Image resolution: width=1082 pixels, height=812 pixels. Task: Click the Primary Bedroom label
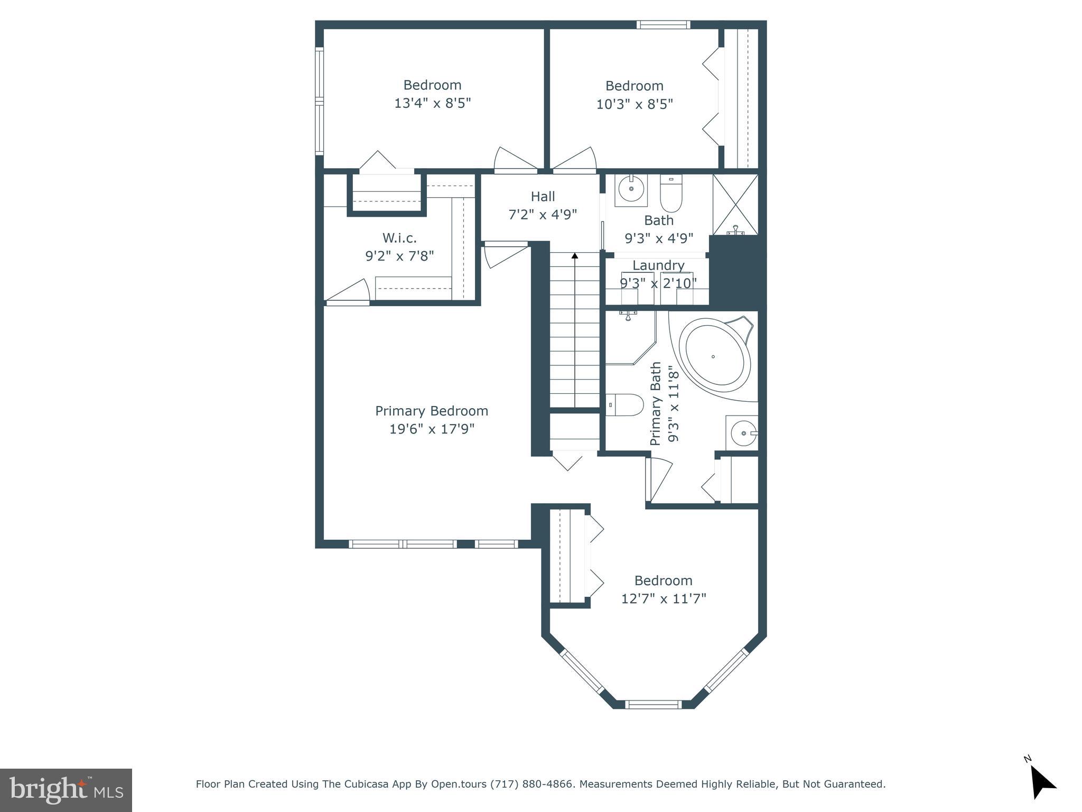pyautogui.click(x=432, y=411)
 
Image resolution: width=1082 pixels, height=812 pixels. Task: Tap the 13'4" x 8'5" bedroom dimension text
pyautogui.click(x=432, y=103)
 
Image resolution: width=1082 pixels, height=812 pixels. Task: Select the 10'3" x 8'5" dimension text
pyautogui.click(x=635, y=104)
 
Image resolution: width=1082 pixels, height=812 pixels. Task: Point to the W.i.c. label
pyautogui.click(x=399, y=238)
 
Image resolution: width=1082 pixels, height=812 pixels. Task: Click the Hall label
pyautogui.click(x=543, y=197)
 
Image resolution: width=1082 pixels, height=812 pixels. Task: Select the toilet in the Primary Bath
pyautogui.click(x=624, y=405)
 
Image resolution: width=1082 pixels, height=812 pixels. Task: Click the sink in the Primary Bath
pyautogui.click(x=742, y=433)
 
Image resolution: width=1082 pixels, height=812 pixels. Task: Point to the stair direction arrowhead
pyautogui.click(x=575, y=256)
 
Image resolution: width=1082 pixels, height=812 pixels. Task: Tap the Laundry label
pyautogui.click(x=658, y=265)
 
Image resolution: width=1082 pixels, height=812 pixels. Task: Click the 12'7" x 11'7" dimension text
pyautogui.click(x=664, y=598)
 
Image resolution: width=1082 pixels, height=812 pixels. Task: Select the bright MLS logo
pyautogui.click(x=66, y=790)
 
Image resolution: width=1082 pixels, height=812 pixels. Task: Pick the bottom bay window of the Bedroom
pyautogui.click(x=654, y=704)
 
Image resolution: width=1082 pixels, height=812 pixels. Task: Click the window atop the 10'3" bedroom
pyautogui.click(x=663, y=24)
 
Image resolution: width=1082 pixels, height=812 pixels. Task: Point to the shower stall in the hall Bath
pyautogui.click(x=735, y=205)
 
